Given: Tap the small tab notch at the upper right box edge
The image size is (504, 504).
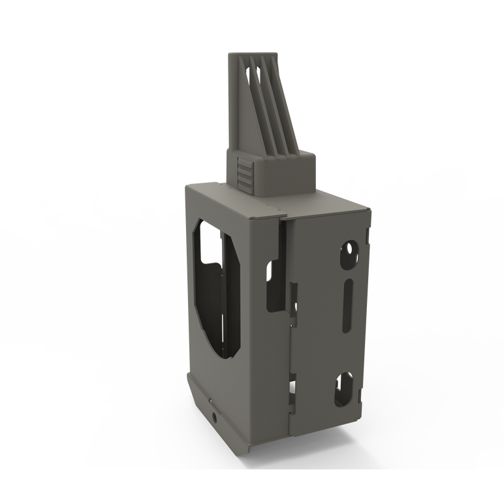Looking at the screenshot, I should (x=367, y=234).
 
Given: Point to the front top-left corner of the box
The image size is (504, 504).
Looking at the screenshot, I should (x=185, y=186).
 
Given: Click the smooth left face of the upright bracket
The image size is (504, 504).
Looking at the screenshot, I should (x=236, y=104).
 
